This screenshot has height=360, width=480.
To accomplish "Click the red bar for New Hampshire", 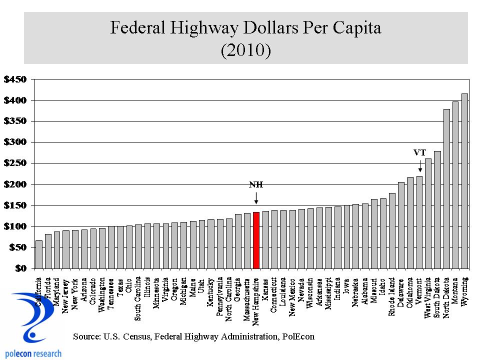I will point(256,240).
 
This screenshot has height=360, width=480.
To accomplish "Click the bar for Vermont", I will point(419,222).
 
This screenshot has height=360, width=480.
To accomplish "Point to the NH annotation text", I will point(256,184).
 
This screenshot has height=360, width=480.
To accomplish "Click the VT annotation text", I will point(419,152).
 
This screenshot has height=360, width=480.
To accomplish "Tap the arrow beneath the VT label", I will point(419,166).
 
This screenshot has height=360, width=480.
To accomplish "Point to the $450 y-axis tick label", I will point(14,79).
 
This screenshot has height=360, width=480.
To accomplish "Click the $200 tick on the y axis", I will point(14,184).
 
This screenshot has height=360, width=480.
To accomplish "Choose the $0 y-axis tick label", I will point(19,268).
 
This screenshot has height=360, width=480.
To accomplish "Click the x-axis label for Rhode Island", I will point(392,297).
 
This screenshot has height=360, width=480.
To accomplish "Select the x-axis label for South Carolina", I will point(138,298).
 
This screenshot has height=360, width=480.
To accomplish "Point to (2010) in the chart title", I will point(245,50).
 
